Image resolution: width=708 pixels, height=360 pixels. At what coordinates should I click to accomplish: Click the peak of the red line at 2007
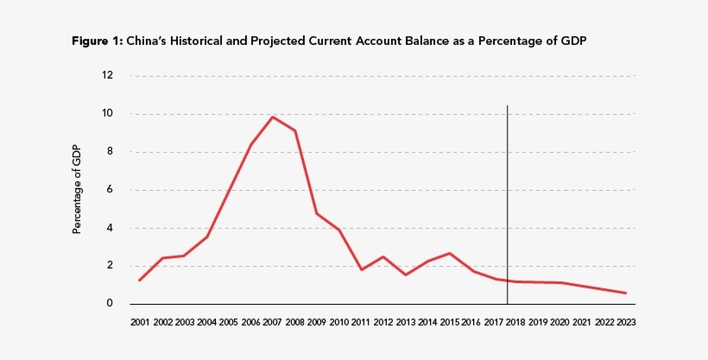273,117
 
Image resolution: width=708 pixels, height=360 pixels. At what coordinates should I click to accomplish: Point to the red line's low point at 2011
362,270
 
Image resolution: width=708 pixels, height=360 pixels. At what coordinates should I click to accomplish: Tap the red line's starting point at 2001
139,280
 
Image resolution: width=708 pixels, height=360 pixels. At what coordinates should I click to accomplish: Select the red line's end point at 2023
625,293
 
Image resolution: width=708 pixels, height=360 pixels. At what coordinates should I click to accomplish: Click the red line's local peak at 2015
450,253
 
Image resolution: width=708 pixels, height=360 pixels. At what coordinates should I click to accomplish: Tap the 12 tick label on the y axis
108,75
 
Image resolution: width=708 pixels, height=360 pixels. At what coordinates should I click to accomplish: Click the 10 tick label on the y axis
108,113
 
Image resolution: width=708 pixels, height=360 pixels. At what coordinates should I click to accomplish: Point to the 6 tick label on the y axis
111,190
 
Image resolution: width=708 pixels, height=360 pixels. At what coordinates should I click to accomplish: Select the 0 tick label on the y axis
111,304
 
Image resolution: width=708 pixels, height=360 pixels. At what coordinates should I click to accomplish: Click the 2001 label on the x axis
139,322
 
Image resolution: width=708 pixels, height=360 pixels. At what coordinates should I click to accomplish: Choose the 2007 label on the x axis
273,322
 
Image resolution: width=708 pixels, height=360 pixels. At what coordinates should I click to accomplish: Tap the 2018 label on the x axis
515,322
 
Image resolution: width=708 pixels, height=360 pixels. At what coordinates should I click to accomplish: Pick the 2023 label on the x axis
625,322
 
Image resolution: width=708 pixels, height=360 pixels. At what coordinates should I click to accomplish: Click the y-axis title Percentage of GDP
77,189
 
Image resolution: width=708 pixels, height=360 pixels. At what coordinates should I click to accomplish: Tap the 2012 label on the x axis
383,322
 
